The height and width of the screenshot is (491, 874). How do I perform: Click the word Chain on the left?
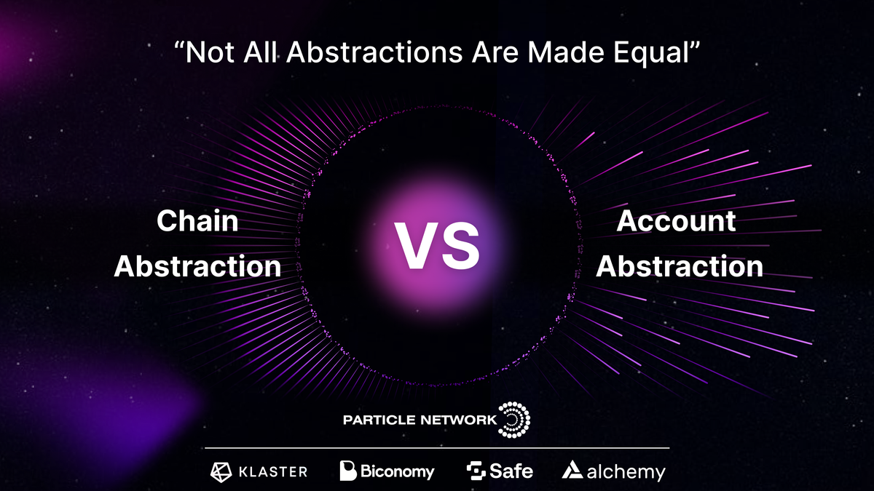197,221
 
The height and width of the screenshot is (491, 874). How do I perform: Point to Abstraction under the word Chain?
197,266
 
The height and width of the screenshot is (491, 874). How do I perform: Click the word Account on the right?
677,221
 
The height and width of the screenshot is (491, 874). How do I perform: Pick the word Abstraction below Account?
680,266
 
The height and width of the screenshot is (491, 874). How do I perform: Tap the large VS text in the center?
437,246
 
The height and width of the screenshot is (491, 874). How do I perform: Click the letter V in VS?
416,246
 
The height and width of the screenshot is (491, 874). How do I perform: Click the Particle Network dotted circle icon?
514,420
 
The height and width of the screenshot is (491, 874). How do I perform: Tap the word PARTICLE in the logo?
379,420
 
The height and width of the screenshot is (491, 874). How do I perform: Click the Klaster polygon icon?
221,471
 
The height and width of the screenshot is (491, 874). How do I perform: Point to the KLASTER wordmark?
273,471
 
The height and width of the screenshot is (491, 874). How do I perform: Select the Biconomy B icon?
347,471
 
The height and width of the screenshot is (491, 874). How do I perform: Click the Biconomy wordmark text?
398,471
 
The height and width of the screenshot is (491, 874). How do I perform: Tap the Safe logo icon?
476,471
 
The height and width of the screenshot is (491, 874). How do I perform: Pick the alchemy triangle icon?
571,471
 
